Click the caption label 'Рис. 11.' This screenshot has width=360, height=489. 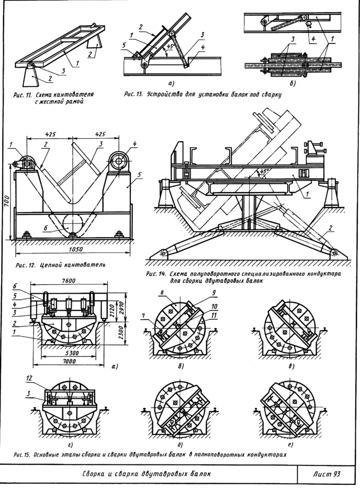(x=24, y=96)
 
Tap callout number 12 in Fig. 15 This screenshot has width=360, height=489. (x=30, y=378)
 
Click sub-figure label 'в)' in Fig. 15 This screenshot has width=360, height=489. (x=290, y=366)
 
